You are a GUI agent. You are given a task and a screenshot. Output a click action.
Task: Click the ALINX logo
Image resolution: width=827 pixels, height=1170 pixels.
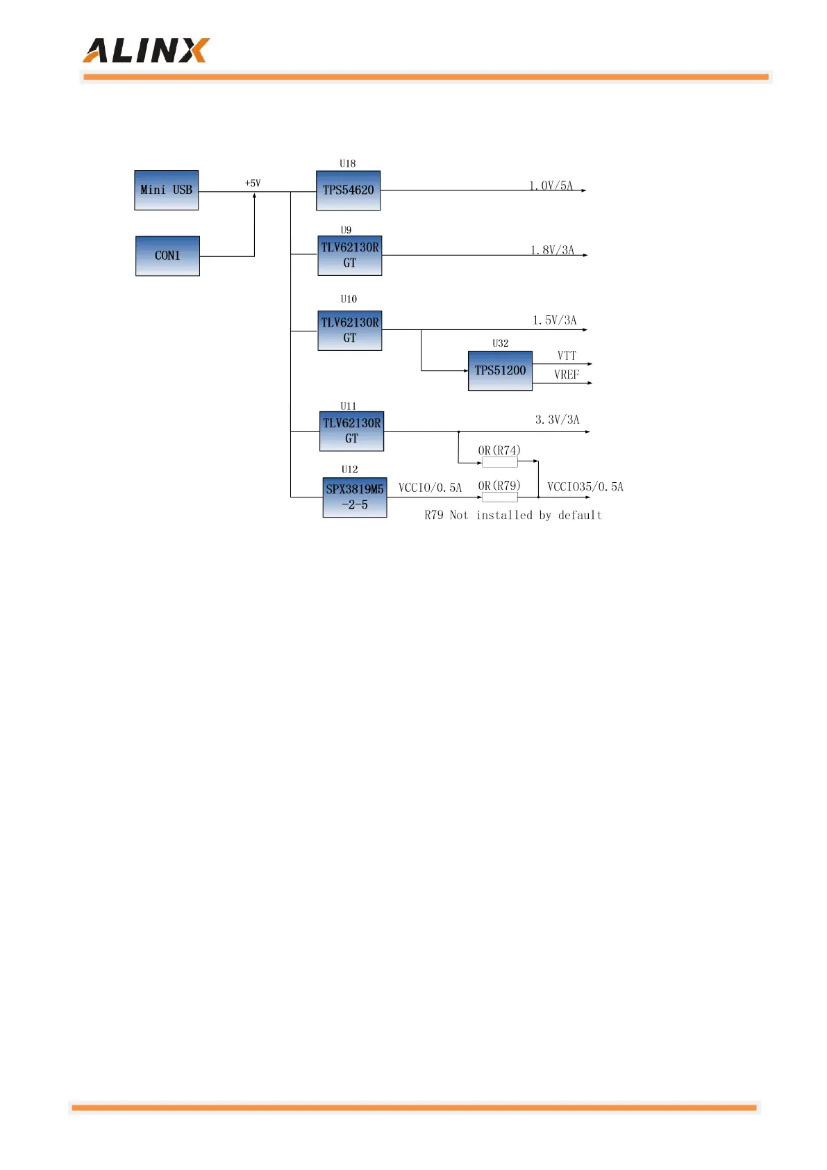tap(146, 51)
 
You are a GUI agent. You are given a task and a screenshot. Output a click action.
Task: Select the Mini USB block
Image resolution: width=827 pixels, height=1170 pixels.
tap(166, 190)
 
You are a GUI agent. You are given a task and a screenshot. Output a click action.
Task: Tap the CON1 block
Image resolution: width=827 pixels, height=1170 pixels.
tap(167, 256)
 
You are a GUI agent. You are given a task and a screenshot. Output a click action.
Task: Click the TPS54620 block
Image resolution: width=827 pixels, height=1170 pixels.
tap(348, 190)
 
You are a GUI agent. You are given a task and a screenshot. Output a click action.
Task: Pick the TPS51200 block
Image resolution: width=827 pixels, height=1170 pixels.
tap(500, 370)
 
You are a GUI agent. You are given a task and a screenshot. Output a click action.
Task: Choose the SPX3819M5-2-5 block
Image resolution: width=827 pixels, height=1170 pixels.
tap(354, 497)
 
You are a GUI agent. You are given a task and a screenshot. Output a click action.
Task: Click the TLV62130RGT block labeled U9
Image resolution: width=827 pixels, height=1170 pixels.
tap(349, 256)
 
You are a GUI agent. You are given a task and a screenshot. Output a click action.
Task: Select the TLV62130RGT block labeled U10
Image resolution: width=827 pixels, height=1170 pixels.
tap(349, 331)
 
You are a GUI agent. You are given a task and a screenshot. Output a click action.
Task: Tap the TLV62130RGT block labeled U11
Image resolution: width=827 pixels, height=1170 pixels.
tap(351, 431)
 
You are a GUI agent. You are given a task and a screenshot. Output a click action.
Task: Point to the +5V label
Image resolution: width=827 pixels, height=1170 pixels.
tap(253, 183)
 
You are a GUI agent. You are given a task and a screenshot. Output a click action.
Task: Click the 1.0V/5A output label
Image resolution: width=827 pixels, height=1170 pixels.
tap(551, 186)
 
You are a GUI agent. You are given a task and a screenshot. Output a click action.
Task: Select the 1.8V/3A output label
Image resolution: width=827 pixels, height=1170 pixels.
tap(553, 250)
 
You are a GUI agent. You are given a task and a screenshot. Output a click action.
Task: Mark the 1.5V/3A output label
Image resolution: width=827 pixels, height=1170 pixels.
tap(555, 320)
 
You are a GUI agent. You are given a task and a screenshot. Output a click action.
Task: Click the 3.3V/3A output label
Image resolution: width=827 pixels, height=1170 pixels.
tap(557, 420)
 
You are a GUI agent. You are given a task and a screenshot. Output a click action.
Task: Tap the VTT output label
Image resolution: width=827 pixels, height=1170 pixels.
tap(567, 356)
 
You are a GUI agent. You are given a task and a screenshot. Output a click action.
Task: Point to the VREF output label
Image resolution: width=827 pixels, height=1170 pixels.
tap(567, 375)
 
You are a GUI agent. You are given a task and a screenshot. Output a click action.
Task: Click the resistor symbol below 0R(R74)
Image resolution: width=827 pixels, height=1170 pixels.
tap(499, 462)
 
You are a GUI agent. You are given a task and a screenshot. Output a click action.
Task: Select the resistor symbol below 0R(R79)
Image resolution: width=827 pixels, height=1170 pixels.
tap(499, 497)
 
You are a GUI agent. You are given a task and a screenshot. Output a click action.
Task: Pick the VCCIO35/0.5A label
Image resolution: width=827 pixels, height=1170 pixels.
tap(585, 487)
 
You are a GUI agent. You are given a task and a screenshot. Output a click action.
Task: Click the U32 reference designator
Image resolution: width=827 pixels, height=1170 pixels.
tap(500, 343)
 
